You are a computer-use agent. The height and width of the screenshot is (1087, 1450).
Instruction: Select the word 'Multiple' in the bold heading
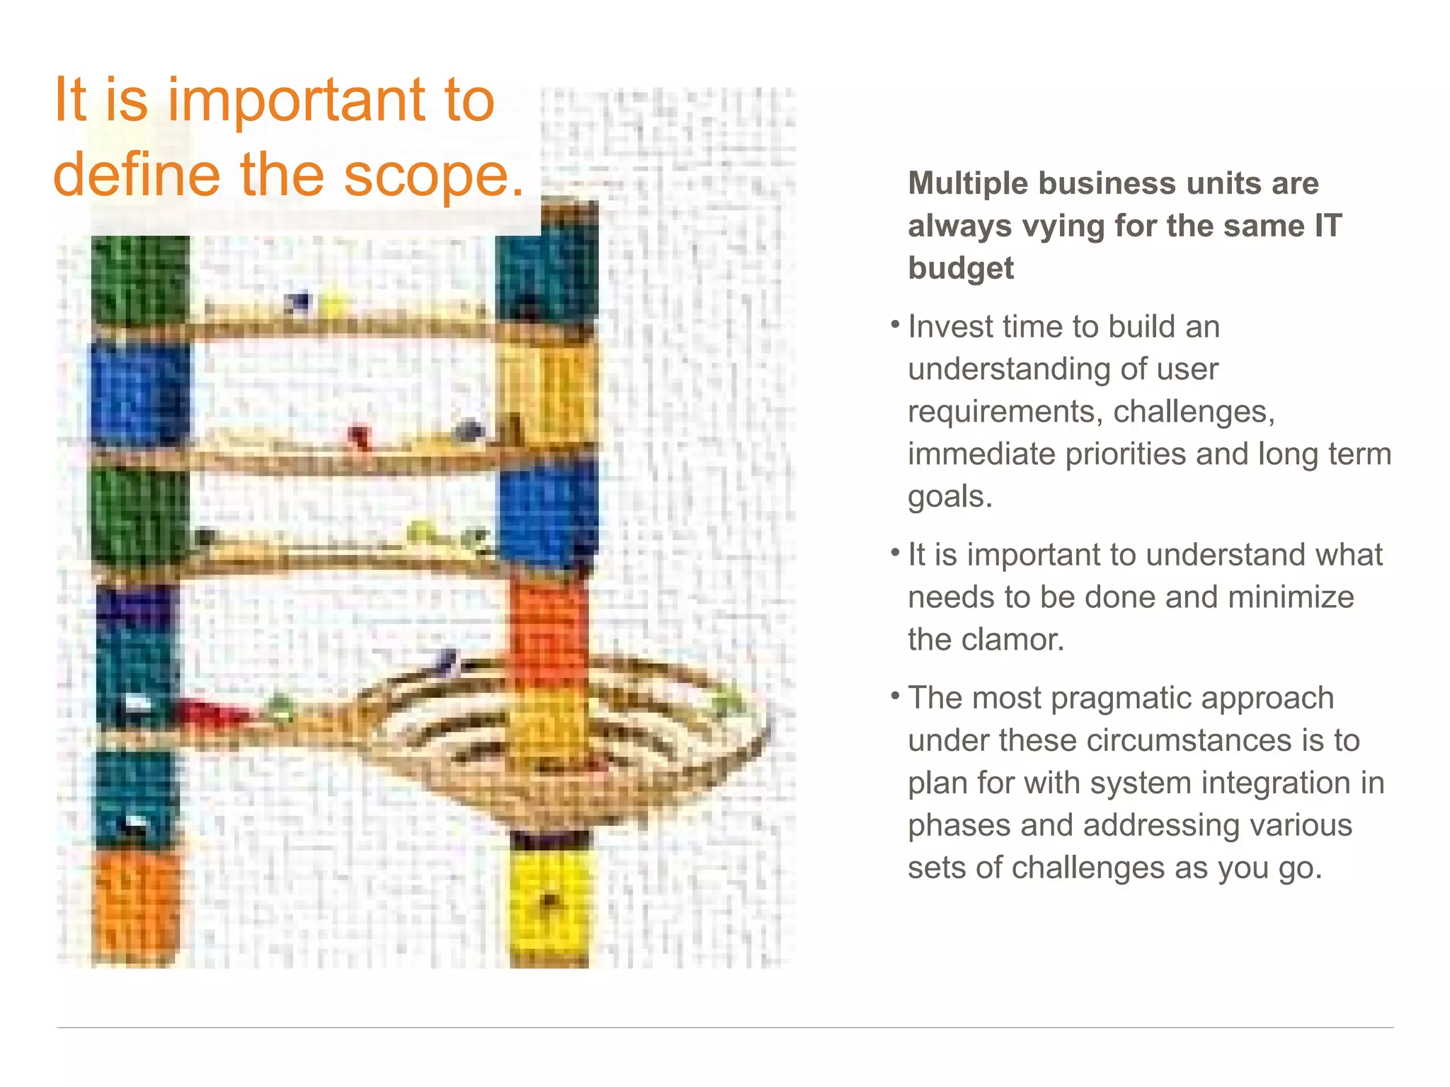[x=967, y=183]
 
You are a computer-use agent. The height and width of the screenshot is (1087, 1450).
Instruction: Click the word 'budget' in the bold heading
[x=961, y=268]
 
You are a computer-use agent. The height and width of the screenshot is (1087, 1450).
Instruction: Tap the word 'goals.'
[x=949, y=497]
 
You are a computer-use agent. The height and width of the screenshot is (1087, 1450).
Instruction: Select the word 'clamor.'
[x=1021, y=640]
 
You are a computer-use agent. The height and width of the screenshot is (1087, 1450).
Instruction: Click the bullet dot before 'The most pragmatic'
[x=895, y=696]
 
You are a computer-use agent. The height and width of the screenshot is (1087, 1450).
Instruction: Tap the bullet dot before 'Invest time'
[x=895, y=325]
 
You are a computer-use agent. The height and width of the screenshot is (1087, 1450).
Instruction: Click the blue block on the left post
[x=139, y=393]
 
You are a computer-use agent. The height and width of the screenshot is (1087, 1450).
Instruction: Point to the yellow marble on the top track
[x=333, y=304]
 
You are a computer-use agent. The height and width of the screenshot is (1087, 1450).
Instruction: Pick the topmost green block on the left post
[x=139, y=280]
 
